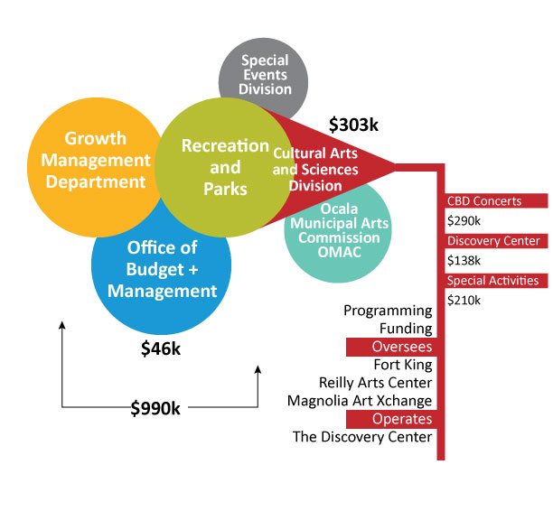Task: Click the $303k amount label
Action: coord(354,125)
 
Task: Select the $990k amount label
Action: coord(155,408)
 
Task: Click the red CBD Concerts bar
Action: coord(495,201)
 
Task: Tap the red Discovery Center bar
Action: coord(495,241)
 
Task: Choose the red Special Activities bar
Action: coord(495,281)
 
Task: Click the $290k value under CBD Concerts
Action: coord(464,220)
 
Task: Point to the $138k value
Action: coord(464,260)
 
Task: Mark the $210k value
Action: coord(464,300)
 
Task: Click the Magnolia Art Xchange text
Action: coord(360,401)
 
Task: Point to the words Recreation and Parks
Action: coord(224,167)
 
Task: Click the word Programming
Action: coord(388,311)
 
